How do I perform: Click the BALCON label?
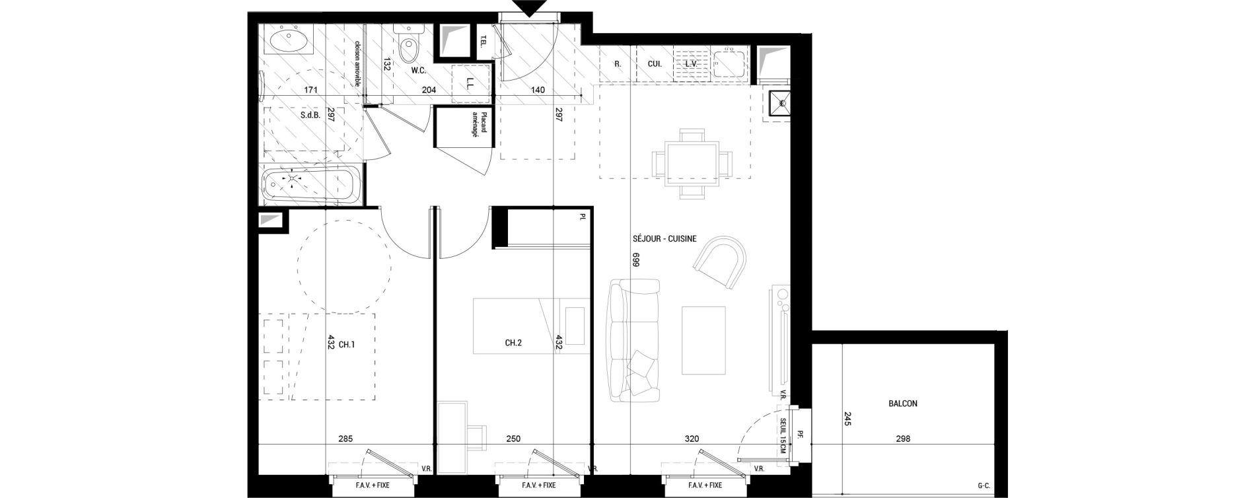[x=903, y=404]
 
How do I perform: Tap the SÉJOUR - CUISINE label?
[x=664, y=240]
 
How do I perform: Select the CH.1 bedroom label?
[x=347, y=344]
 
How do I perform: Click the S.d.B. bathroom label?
[x=310, y=114]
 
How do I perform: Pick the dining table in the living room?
[x=692, y=162]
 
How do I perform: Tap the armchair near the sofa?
[x=722, y=262]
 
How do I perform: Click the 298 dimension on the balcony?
[x=902, y=439]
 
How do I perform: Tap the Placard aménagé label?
[x=488, y=124]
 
